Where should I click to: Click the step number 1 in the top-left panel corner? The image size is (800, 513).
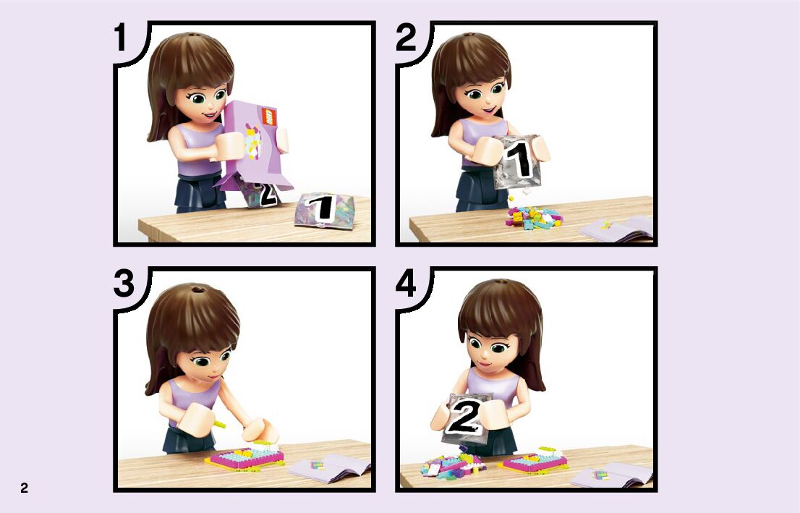[120, 38]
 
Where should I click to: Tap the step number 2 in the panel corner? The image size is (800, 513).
[406, 38]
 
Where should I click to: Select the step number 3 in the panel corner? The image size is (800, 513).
[124, 284]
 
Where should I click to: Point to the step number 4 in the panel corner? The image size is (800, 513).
[406, 284]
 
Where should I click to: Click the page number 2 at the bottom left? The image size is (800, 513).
[24, 488]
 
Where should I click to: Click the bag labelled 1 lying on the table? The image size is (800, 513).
[324, 210]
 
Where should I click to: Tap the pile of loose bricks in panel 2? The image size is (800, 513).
[534, 217]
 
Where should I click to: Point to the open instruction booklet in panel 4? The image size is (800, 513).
[612, 475]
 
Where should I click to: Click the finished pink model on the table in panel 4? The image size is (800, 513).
[533, 460]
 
